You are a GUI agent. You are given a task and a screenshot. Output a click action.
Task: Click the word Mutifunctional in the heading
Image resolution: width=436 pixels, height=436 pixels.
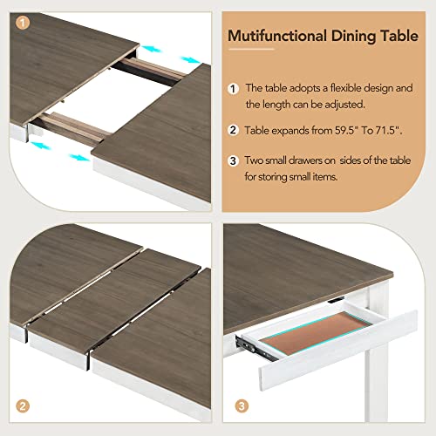point(273,36)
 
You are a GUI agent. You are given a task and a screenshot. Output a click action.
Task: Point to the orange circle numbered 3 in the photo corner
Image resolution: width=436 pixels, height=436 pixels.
point(241,405)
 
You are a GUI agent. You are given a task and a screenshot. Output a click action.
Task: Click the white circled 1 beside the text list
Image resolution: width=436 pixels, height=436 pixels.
point(233,89)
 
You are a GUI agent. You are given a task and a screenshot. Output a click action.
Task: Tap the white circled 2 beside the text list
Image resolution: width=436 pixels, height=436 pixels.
point(233,131)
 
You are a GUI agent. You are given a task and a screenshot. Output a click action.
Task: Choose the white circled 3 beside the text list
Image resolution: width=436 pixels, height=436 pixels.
point(233,161)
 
